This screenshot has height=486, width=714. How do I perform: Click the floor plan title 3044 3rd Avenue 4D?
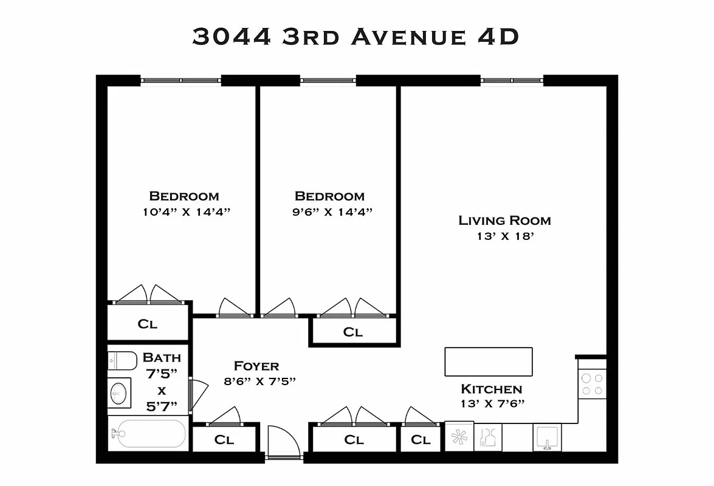pos(355,36)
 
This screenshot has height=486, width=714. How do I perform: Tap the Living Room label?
pos(504,221)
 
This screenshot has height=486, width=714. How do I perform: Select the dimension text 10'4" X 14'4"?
pos(184,212)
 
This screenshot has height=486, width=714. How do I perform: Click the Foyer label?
pos(256,366)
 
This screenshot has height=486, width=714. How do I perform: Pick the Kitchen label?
pos(492,389)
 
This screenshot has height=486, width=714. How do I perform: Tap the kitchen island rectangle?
pos(489,362)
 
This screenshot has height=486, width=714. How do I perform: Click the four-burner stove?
pos(592,384)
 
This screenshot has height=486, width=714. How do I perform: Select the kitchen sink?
pos(548,437)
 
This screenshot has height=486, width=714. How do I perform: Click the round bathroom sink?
pos(120,394)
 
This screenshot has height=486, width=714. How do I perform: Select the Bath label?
pos(162,357)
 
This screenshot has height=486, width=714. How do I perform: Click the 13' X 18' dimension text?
pos(504,236)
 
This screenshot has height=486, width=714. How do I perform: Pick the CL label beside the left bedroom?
pos(148,324)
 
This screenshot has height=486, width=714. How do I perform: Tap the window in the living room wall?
pos(512,80)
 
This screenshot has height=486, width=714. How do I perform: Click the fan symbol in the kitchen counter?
pos(458,437)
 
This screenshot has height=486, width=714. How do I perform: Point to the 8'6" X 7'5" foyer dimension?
pos(259,382)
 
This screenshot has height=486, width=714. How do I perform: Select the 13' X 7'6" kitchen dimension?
pos(492,403)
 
